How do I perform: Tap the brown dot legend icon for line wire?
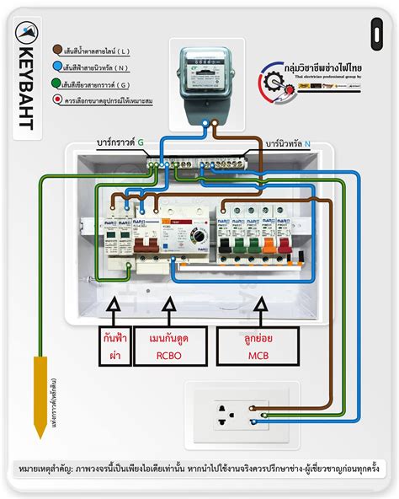click(56, 51)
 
